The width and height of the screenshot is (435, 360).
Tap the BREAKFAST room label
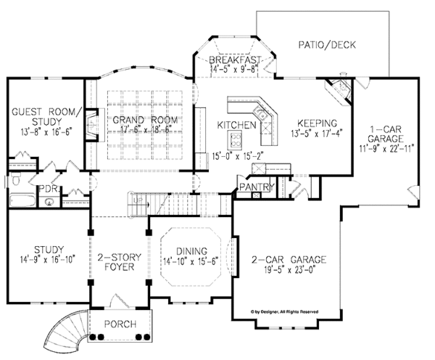[x=232, y=60]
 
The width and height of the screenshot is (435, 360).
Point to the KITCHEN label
[x=237, y=126]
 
